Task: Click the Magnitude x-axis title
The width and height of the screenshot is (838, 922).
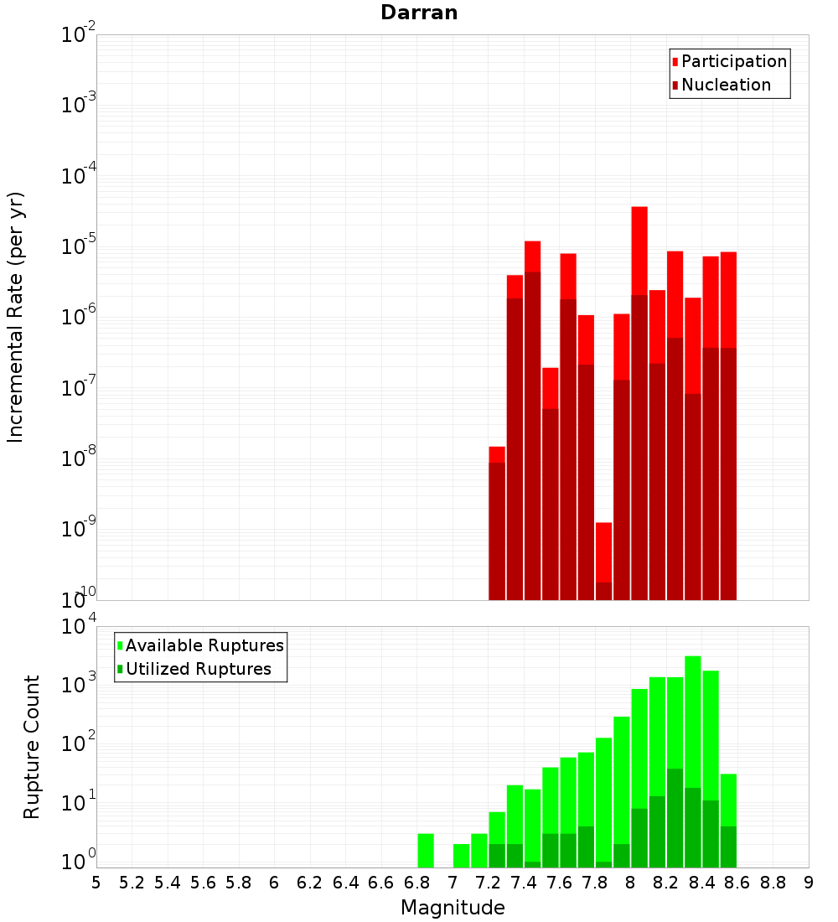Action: point(453,908)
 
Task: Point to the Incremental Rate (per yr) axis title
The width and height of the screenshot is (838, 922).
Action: point(16,317)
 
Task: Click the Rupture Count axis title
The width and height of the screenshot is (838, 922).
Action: point(32,747)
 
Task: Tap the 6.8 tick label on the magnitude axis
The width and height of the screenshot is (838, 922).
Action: point(416,883)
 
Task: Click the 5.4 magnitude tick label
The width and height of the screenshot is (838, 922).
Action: point(168,883)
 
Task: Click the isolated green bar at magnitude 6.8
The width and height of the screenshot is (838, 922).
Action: point(426,850)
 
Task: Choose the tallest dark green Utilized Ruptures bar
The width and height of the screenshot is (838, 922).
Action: point(675,817)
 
